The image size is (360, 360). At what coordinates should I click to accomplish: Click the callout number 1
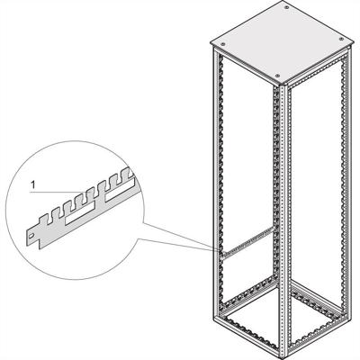(x=32, y=184)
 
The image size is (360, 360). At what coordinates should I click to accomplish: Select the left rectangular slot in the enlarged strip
(x=72, y=219)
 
